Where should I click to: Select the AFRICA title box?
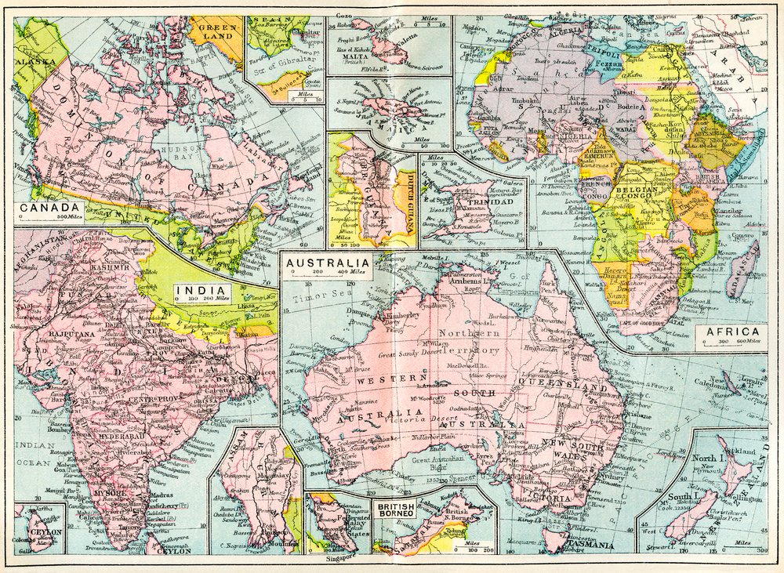(731, 335)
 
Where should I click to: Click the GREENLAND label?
(215, 30)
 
